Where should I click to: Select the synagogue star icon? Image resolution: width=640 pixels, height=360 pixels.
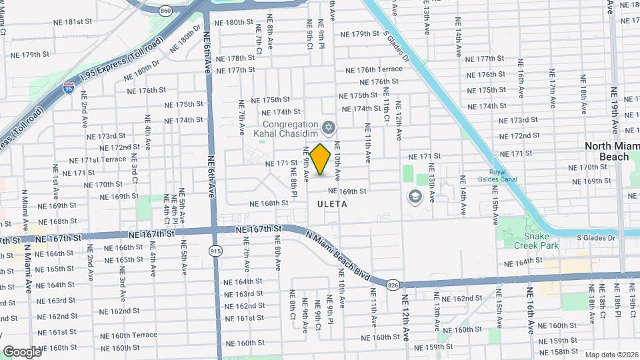(x=328, y=127)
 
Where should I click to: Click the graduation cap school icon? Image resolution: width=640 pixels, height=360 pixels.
(x=415, y=197)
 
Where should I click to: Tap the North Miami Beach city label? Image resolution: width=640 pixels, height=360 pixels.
(x=606, y=151)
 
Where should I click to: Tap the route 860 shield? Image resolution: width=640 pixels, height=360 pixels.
(x=167, y=11)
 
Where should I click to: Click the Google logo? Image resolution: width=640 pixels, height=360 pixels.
(x=22, y=351)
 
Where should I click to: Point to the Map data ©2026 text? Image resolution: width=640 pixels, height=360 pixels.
(x=611, y=354)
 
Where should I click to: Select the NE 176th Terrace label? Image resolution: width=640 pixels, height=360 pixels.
(x=374, y=69)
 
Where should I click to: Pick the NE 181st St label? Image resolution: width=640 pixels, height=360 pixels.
(x=74, y=21)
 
